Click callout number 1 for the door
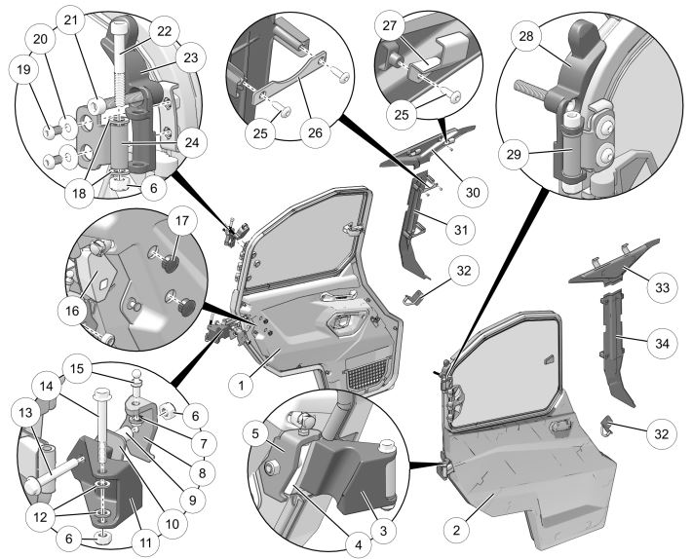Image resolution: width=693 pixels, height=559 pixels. click(x=242, y=386)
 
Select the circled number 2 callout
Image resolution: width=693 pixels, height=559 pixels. click(x=457, y=530)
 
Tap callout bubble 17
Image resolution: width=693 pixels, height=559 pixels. click(x=182, y=220)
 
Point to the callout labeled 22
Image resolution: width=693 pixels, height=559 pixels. click(x=164, y=31)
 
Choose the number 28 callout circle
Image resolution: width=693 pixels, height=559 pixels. click(x=526, y=36)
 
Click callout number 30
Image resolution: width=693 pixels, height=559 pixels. click(x=473, y=193)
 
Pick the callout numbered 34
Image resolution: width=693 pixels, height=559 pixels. click(x=662, y=343)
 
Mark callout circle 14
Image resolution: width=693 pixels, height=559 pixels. click(x=47, y=387)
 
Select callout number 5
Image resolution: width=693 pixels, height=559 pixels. click(x=255, y=433)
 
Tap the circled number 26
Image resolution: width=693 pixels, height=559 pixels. click(x=315, y=132)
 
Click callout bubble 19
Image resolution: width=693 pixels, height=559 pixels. click(x=23, y=69)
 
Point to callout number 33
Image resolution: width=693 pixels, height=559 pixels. click(x=662, y=287)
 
